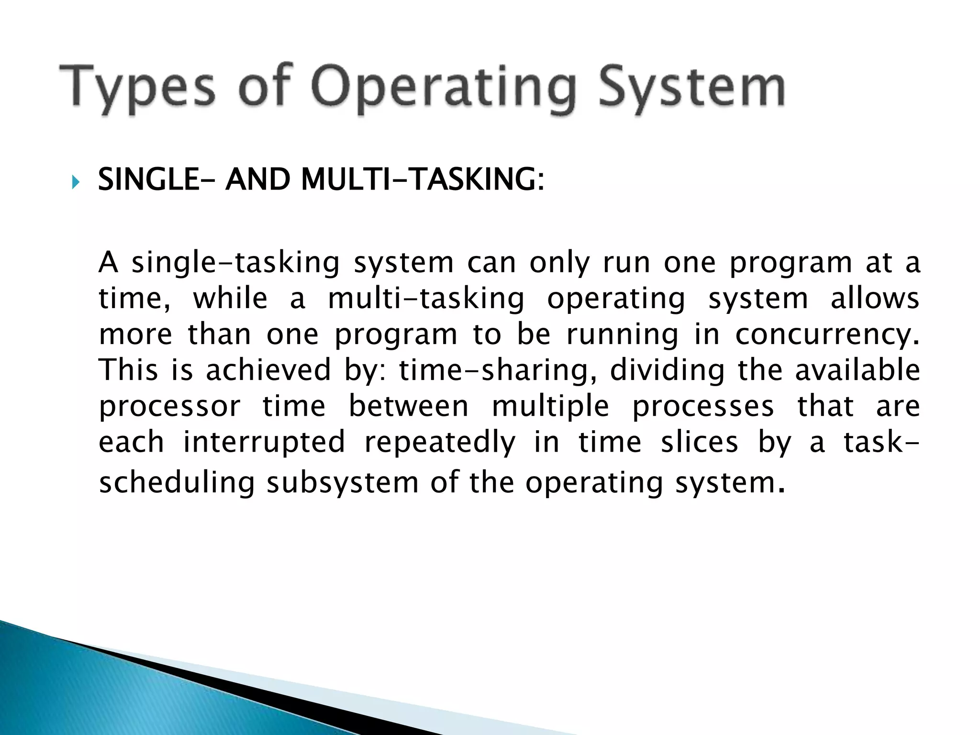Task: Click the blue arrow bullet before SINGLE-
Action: tap(75, 182)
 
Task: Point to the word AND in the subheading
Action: tap(257, 180)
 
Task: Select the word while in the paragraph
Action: tap(230, 299)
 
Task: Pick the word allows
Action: tap(875, 299)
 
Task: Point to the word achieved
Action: tap(268, 370)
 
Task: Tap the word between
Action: tap(408, 407)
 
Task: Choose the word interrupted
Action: tap(264, 443)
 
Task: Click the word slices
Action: tap(699, 443)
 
